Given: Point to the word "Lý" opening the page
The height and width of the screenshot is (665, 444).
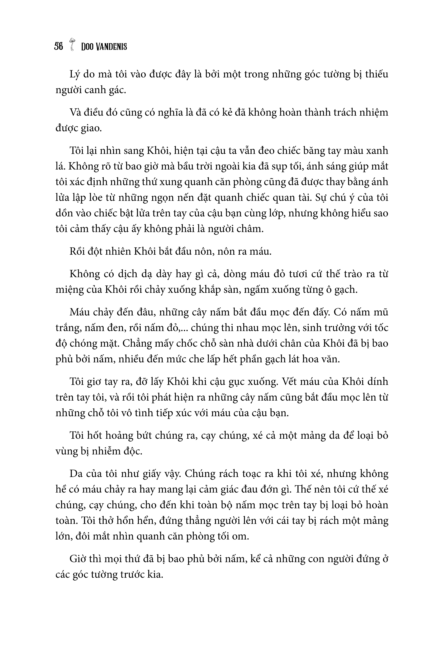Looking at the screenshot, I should coord(75,75).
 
